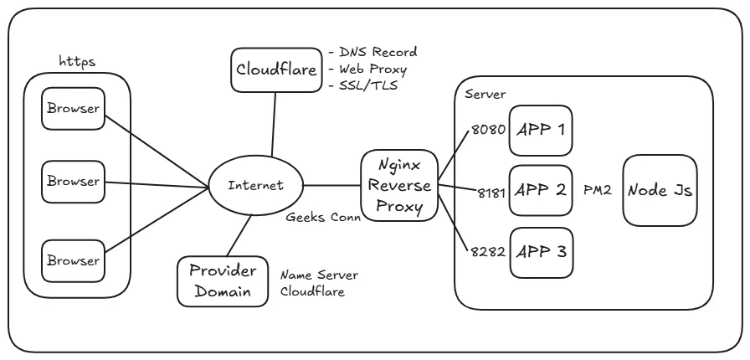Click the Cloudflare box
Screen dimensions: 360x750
click(x=275, y=70)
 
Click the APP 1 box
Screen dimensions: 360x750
click(x=542, y=130)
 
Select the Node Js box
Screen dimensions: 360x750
click(x=660, y=190)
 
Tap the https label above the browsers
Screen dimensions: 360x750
click(x=76, y=62)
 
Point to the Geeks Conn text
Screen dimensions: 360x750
click(x=323, y=215)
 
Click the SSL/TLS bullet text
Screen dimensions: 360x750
click(x=364, y=86)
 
